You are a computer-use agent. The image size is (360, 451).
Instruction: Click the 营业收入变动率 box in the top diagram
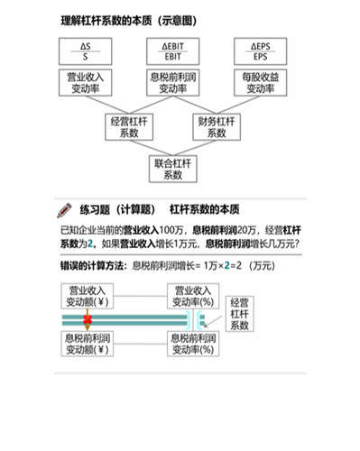(84, 82)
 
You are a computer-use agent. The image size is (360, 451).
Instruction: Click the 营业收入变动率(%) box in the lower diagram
(191, 297)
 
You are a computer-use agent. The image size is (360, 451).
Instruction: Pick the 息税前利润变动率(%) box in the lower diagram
(191, 343)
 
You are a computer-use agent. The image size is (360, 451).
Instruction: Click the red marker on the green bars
(89, 320)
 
